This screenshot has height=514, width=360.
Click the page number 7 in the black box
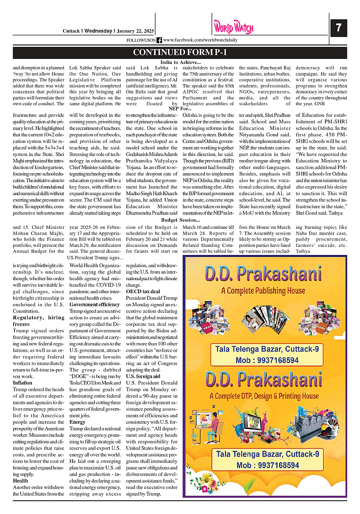pyautogui.click(x=338, y=28)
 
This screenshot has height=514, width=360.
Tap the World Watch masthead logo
pyautogui.click(x=234, y=28)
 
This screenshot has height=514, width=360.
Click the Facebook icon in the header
pyautogui.click(x=159, y=40)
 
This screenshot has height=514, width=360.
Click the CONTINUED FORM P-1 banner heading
pyautogui.click(x=180, y=53)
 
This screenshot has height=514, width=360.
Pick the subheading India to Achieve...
pyautogui.click(x=180, y=62)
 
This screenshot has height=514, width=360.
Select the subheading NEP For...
pyautogui.click(x=180, y=108)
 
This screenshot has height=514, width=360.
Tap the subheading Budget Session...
pyautogui.click(x=180, y=220)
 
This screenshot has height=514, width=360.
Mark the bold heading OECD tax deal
pyautogui.click(x=143, y=291)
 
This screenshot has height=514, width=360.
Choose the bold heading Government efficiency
pyautogui.click(x=95, y=304)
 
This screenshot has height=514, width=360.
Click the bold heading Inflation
pyautogui.click(x=22, y=383)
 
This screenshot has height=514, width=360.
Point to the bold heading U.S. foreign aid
pyautogui.click(x=143, y=376)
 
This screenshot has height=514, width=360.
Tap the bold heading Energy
pyautogui.click(x=78, y=422)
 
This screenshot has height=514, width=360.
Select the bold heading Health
pyautogui.click(x=20, y=481)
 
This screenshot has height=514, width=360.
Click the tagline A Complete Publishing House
pyautogui.click(x=263, y=291)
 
